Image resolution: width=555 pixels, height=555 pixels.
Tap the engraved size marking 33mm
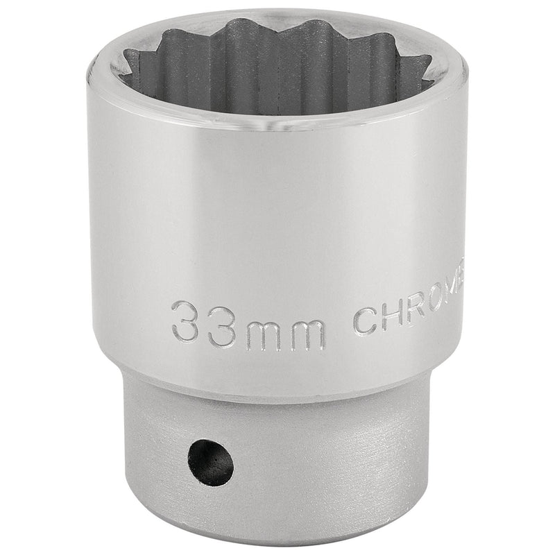[248, 321]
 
